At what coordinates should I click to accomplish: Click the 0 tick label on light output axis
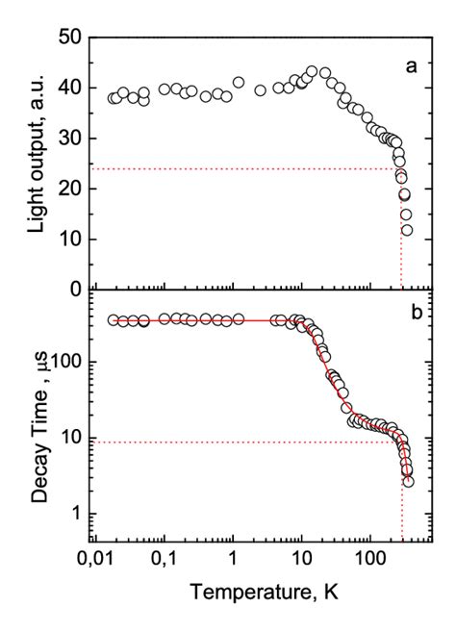click(76, 288)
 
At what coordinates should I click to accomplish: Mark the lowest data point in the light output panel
click(408, 230)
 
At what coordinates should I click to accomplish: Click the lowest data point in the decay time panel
click(409, 481)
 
